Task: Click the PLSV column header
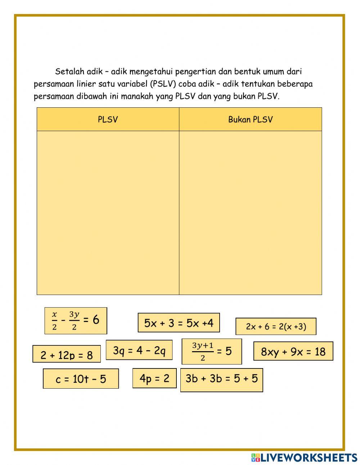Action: point(108,120)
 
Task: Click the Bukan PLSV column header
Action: point(250,120)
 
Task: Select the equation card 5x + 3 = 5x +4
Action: point(179,323)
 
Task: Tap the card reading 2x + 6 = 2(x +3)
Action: point(276,327)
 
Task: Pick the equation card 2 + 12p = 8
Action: point(67,355)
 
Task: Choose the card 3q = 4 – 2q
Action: point(139,350)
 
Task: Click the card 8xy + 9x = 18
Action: point(293,352)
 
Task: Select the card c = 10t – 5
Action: point(81,379)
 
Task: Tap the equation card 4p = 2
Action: point(154,378)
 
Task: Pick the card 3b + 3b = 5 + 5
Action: point(221,379)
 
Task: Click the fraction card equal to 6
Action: point(76,321)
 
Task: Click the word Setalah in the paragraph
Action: point(69,71)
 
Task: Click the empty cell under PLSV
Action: point(108,213)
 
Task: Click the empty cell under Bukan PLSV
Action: point(250,213)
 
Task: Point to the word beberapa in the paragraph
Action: point(294,84)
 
